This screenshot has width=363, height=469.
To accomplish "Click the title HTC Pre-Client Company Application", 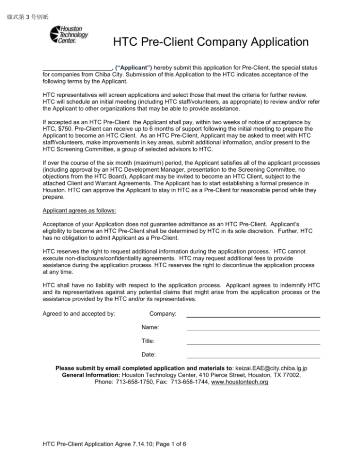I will [211, 43].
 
